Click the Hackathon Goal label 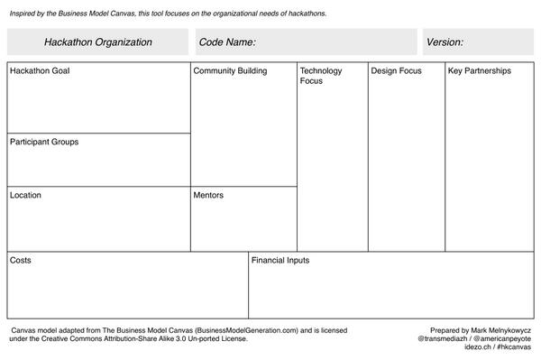[x=40, y=70]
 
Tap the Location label [x=25, y=195]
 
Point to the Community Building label [x=230, y=70]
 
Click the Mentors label [x=208, y=195]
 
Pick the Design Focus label [x=396, y=70]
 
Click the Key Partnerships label [x=480, y=70]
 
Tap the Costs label [x=21, y=260]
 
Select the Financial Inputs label [x=280, y=260]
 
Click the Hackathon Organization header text [x=97, y=42]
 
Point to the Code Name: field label [x=227, y=42]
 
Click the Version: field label [x=445, y=42]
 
